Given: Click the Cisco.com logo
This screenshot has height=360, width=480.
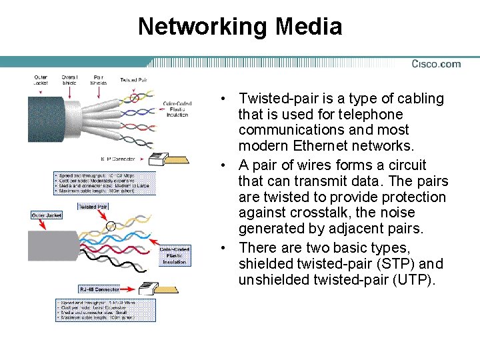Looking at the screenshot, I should [x=436, y=64].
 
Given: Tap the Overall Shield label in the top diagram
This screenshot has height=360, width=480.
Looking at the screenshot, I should [x=69, y=80].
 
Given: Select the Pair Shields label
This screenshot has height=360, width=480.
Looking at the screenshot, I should [x=99, y=80].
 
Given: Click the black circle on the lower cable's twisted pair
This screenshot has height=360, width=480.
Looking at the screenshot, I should [x=110, y=226].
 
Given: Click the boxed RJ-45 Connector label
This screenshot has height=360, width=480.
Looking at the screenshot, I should [x=100, y=289].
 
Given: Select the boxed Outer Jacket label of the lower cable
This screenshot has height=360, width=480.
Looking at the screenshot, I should [x=47, y=215].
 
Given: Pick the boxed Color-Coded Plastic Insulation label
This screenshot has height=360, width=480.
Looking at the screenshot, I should [x=175, y=255].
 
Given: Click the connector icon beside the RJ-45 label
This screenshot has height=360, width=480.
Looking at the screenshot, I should [x=148, y=289].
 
